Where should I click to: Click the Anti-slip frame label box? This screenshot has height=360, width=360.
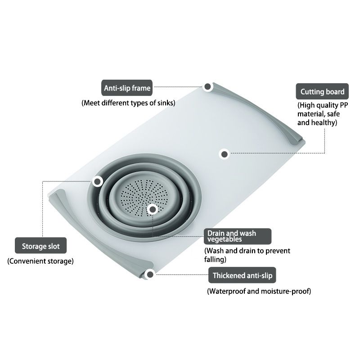tap(127, 88)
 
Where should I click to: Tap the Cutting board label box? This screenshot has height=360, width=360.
tap(322, 91)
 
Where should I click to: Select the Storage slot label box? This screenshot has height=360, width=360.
tap(40, 245)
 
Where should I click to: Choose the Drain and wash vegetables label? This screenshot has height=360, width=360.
tap(238, 236)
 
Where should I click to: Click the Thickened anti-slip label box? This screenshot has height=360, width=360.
tap(242, 275)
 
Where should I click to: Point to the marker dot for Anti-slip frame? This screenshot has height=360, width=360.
tap(207, 86)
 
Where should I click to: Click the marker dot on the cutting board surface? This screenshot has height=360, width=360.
tap(224, 154)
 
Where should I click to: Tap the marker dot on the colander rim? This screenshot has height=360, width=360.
tap(98, 181)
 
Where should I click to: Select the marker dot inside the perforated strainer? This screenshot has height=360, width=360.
tap(153, 209)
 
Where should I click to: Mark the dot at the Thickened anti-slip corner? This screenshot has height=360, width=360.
tap(150, 274)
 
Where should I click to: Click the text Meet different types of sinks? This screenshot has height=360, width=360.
tap(128, 103)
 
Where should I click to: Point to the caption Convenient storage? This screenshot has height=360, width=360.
tap(40, 261)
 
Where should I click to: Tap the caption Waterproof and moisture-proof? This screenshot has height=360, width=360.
tap(259, 291)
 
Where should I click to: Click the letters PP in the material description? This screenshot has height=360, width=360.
tap(344, 105)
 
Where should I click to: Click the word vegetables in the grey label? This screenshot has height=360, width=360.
tap(225, 239)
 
